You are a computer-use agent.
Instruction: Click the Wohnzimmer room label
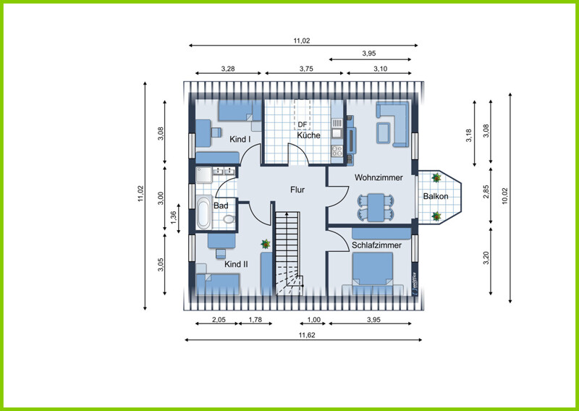pos(379,177)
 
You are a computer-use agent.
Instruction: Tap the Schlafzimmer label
pos(376,245)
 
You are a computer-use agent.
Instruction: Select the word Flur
pos(297,190)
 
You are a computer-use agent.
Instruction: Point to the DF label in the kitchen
pos(302,124)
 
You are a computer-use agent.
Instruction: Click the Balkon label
pos(436,196)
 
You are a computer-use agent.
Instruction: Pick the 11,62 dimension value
pos(307,335)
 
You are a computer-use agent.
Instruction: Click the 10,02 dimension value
pos(505,196)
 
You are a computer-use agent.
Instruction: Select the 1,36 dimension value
pos(173,218)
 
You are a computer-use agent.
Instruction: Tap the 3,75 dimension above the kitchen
pos(306,69)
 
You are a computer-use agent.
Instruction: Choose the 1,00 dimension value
pos(314,320)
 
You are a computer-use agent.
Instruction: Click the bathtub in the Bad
pos(204,213)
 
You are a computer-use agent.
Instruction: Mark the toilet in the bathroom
pos(229,219)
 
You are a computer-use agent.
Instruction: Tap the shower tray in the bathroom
pos(204,175)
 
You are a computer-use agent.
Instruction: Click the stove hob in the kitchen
pos(337,151)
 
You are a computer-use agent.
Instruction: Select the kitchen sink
pos(337,128)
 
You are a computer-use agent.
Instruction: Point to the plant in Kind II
pos(266,244)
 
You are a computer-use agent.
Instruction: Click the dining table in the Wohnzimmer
pos(376,208)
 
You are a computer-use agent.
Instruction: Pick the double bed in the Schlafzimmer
pos(373,270)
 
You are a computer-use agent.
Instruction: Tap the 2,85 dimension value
pos(486,192)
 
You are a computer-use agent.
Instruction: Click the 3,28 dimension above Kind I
pos(228,69)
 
